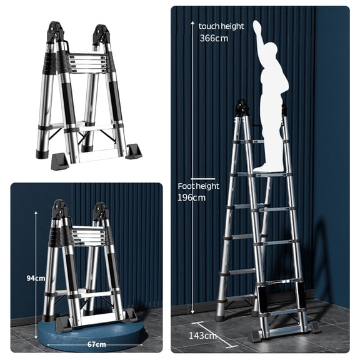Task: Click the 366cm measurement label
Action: coord(213,38)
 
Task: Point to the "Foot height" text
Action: coord(199,186)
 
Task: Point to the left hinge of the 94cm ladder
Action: coord(60,209)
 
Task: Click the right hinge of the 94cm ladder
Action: coord(100,211)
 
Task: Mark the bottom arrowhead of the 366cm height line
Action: coord(192,312)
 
